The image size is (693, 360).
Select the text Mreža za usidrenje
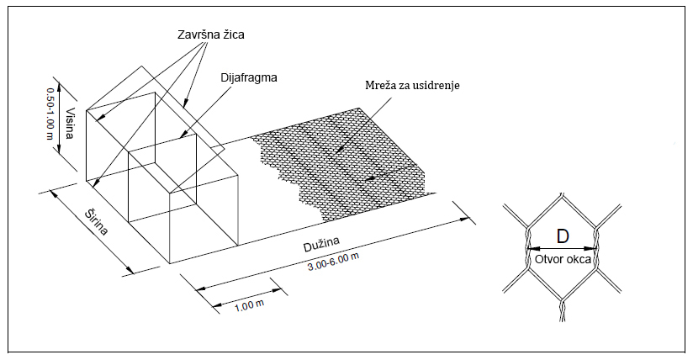click(x=410, y=86)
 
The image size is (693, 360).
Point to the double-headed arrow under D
click(x=562, y=249)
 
